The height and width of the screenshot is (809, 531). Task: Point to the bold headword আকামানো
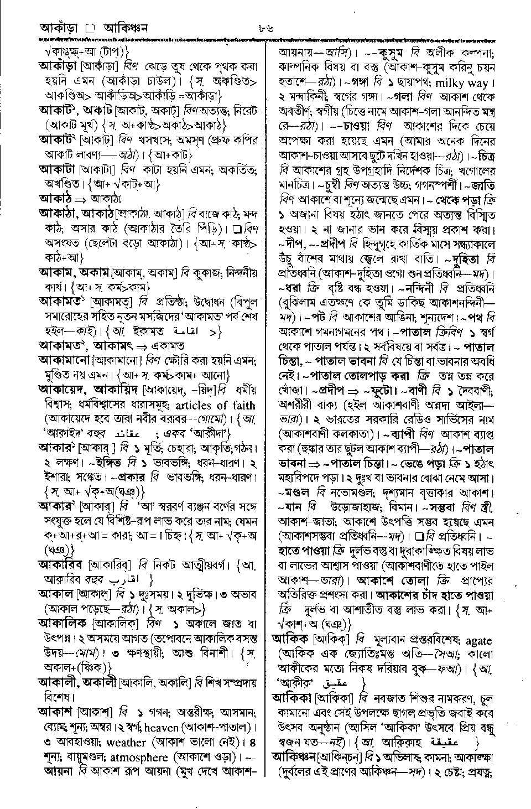point(64,360)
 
